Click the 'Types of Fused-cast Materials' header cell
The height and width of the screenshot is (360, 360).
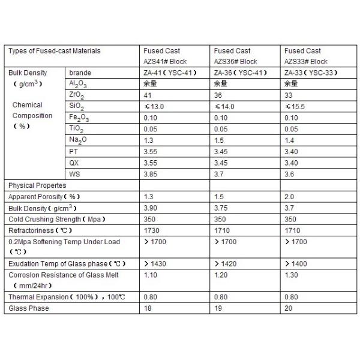point(54,51)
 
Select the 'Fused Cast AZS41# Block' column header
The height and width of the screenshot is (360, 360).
point(165,56)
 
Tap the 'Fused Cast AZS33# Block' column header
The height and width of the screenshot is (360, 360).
point(306,56)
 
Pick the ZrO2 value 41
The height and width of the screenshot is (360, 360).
point(148,95)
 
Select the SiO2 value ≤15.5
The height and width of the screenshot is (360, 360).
point(295,106)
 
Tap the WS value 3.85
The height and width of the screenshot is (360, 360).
point(151,174)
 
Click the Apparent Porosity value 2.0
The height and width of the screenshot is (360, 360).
point(289,196)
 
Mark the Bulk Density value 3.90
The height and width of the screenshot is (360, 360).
point(151,208)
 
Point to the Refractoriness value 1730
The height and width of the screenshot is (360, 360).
point(152,230)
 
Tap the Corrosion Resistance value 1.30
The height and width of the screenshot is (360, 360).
point(291,275)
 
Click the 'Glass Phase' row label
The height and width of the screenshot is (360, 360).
point(29,308)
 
